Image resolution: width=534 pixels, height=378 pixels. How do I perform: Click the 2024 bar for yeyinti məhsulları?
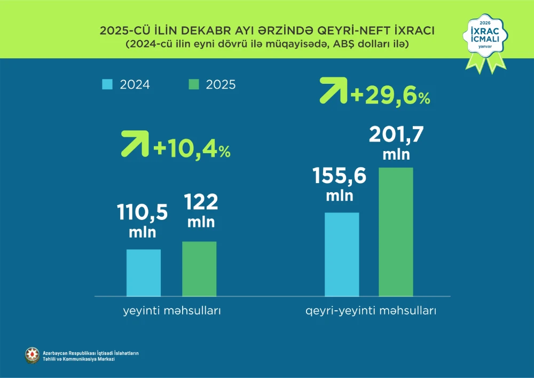tap(144, 272)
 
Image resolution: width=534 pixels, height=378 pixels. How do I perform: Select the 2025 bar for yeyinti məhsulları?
tap(199, 269)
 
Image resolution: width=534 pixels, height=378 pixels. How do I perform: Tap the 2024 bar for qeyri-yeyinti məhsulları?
tap(342, 254)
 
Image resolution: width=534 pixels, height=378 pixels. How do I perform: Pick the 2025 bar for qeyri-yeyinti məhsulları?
tap(396, 232)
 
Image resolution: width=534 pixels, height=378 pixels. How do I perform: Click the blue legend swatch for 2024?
tap(107, 84)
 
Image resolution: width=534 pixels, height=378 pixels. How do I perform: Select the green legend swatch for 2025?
tap(194, 84)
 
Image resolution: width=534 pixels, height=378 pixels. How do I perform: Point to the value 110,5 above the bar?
tap(143, 212)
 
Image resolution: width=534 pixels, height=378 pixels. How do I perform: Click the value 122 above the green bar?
tap(201, 203)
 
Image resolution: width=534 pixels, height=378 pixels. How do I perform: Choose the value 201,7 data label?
tap(396, 136)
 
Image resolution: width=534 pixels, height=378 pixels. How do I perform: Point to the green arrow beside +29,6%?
tap(333, 91)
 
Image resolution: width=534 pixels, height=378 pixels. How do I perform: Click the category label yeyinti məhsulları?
tap(170, 310)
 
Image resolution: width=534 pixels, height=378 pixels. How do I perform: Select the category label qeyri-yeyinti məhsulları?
tap(371, 310)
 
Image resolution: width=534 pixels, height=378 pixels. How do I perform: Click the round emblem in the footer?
tap(32, 356)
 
